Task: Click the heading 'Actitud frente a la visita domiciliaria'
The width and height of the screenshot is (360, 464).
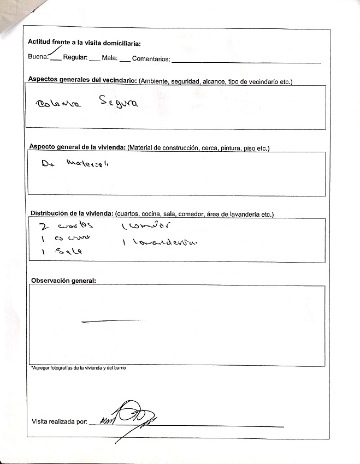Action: [84, 43]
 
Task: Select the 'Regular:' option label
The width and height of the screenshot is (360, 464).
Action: [75, 57]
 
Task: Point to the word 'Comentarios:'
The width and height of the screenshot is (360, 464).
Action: [151, 58]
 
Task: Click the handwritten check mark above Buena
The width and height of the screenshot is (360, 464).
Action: [55, 51]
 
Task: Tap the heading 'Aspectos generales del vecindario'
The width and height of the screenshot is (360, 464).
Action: [82, 80]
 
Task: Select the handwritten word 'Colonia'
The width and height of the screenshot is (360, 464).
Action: [58, 104]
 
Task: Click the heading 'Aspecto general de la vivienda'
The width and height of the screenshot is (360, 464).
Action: [77, 147]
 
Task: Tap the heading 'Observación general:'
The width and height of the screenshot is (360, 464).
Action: [63, 281]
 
